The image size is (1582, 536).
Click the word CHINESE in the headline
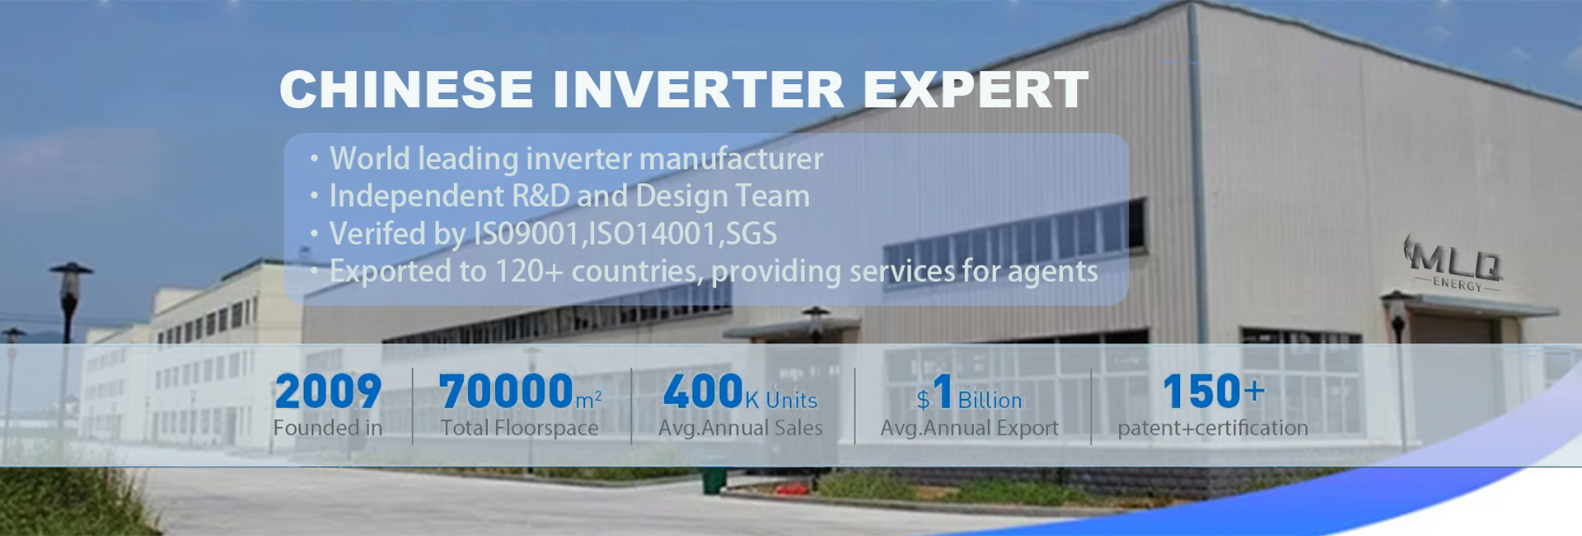(x=406, y=89)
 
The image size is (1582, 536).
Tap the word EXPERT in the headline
(x=976, y=89)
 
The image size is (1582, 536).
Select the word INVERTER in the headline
(x=699, y=89)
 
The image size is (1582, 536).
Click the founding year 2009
(x=328, y=392)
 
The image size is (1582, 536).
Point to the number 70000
(x=506, y=392)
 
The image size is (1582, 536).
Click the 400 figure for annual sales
(x=704, y=392)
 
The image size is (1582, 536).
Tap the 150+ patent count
(x=1213, y=392)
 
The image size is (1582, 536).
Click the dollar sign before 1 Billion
(x=923, y=401)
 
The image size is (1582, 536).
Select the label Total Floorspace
(x=519, y=428)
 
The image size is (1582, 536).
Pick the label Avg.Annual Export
(x=969, y=428)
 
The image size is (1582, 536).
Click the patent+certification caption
(x=1213, y=428)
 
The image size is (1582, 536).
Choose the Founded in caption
(x=328, y=428)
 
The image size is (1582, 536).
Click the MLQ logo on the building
(x=1455, y=258)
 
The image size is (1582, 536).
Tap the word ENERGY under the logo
(x=1458, y=284)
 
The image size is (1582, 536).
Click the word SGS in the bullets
(x=750, y=234)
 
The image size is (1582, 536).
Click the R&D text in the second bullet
(x=541, y=196)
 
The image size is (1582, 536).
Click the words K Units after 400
(x=781, y=401)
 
